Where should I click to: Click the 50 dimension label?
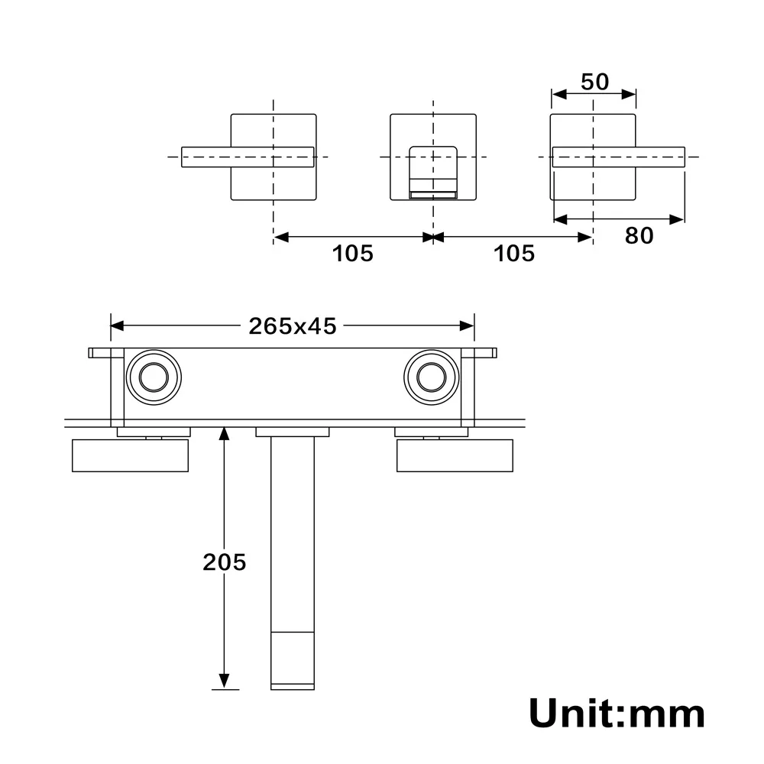click(594, 81)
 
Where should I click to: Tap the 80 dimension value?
click(639, 236)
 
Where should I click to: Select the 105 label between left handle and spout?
click(352, 253)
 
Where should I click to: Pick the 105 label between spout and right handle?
click(514, 253)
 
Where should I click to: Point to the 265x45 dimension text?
click(292, 326)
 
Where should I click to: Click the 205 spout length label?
click(224, 562)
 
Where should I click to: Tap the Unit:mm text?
click(617, 714)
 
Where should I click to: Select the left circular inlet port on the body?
click(154, 377)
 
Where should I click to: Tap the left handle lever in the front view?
click(248, 157)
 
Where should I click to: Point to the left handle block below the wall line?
click(130, 456)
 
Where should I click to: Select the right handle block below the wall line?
click(455, 456)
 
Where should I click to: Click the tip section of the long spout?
click(293, 659)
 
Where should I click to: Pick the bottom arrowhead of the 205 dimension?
click(224, 680)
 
